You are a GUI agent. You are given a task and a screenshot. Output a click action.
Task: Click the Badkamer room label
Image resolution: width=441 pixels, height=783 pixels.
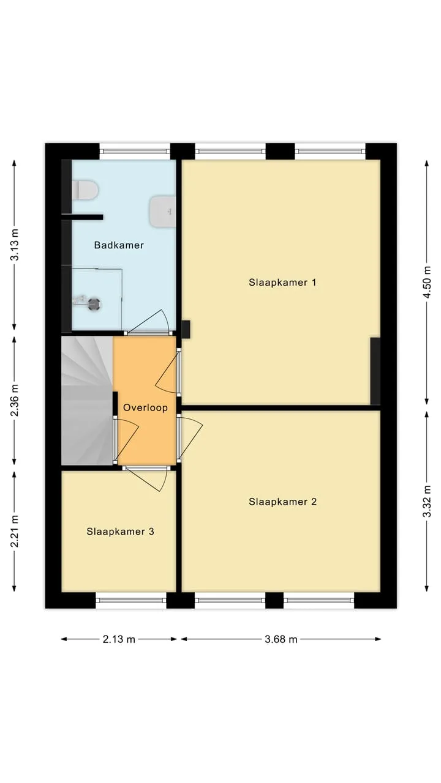point(119,245)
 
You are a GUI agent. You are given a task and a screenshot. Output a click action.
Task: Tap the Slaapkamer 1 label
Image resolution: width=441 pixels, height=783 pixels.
point(282,283)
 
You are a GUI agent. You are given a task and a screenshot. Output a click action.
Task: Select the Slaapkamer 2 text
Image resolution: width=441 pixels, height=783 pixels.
point(282,502)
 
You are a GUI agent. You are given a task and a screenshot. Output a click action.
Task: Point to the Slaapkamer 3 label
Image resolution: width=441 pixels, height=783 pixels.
point(121,532)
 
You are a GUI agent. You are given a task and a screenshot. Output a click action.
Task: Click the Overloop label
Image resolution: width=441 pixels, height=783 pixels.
point(145,407)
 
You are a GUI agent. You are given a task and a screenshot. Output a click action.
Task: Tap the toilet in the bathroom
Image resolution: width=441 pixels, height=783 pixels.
point(85,190)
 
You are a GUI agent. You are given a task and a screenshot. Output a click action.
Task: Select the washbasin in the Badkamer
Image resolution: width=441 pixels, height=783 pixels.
point(163,212)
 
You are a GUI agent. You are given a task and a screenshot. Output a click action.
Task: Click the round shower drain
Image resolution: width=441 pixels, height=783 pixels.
point(94,304)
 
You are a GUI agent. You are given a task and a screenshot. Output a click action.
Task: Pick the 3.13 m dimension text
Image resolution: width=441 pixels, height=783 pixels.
point(15,245)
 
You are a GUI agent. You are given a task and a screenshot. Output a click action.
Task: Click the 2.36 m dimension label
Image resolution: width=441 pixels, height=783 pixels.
point(15,401)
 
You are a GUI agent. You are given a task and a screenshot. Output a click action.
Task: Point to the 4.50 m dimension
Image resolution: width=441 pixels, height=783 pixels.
point(427,282)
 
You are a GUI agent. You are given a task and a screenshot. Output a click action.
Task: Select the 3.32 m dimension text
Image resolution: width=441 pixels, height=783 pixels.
point(427,501)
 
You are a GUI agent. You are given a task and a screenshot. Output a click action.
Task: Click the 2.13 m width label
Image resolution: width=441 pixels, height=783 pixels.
point(119,639)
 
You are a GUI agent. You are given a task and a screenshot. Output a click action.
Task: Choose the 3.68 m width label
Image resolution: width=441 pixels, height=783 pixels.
point(281,639)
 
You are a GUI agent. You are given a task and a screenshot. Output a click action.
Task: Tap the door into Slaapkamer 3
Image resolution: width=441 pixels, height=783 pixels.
point(147,478)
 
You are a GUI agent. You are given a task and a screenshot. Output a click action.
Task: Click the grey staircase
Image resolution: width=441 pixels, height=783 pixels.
point(87,401)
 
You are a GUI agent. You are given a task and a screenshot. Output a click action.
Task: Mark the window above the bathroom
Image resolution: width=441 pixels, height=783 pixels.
point(135,152)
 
